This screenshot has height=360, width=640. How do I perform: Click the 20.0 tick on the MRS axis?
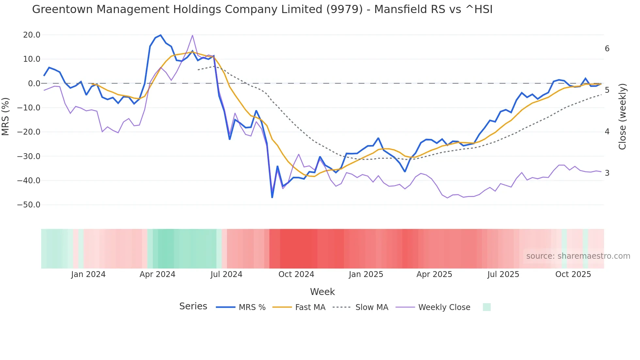tap(32, 35)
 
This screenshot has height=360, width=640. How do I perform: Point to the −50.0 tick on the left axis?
tap(29, 205)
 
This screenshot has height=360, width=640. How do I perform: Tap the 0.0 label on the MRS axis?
tap(34, 83)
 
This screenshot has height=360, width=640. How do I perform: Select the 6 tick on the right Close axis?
tap(607, 49)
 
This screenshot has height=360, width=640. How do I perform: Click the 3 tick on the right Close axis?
tap(607, 173)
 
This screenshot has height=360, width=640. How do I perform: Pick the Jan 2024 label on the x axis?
tap(88, 274)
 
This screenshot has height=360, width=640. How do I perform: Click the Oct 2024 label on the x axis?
tap(296, 274)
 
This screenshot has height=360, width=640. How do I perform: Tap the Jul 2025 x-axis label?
tap(503, 274)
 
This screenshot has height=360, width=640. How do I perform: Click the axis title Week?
tap(322, 292)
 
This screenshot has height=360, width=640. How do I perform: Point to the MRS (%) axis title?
tap(6, 116)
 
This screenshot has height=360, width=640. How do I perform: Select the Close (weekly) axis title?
tap(622, 116)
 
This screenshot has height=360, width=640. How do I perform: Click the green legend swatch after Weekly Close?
tap(487, 307)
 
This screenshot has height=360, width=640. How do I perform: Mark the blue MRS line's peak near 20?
tap(160, 35)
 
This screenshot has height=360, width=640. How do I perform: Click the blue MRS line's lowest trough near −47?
tap(272, 197)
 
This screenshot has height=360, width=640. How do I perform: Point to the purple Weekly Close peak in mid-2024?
tap(192, 35)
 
